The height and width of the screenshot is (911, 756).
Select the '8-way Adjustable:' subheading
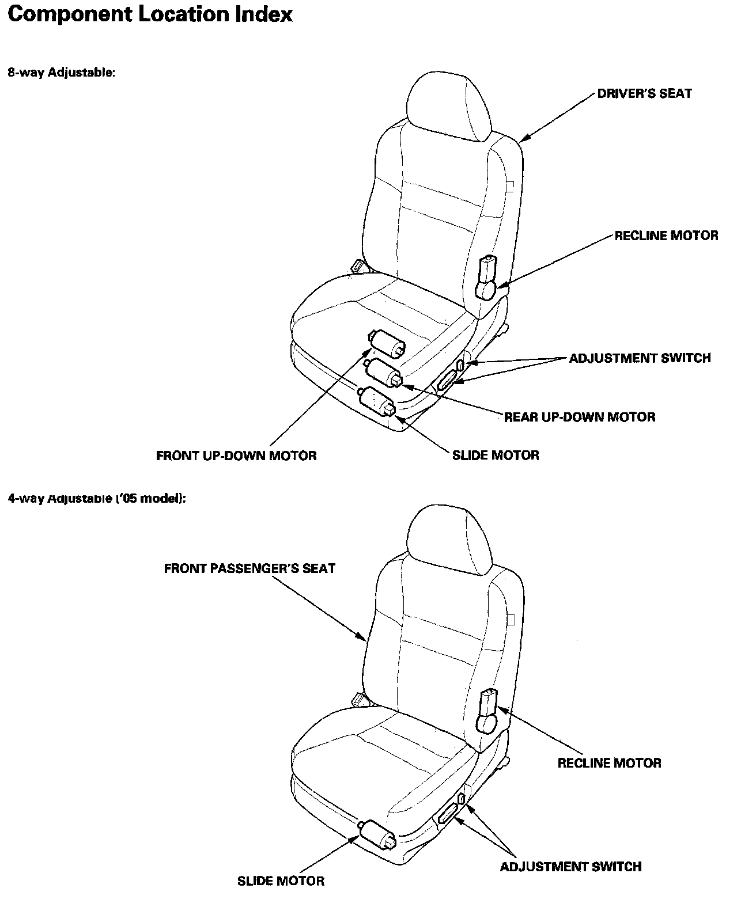tap(61, 73)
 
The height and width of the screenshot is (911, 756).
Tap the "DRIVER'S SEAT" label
tap(644, 94)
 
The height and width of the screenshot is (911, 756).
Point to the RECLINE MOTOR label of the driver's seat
tap(666, 236)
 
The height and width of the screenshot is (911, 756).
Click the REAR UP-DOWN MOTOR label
tap(579, 417)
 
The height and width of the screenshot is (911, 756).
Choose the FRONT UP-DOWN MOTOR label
tap(236, 455)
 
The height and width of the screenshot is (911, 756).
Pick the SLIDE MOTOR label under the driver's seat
tap(496, 455)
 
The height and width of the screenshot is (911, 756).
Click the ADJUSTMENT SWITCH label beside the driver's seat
tap(640, 358)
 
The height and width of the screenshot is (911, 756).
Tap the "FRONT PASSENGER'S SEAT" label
tap(250, 568)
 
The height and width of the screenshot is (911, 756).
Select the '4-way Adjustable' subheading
tap(96, 498)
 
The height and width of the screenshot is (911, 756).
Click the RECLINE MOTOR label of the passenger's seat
tap(609, 763)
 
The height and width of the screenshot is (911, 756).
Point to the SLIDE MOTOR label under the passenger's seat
tap(281, 880)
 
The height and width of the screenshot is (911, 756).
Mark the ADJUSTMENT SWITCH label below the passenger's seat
tap(570, 866)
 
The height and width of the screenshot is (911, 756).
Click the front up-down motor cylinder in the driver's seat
tap(387, 344)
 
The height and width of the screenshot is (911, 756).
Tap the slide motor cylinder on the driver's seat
tap(377, 401)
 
